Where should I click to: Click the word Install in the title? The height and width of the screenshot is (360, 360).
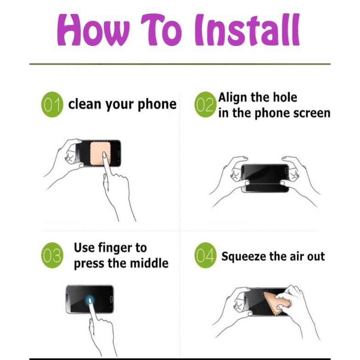247,29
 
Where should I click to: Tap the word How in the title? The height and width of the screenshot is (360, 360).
94,30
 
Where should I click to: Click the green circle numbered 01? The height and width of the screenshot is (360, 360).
52,105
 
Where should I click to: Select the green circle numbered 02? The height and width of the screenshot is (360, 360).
206,105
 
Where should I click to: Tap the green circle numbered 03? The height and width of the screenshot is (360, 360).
52,255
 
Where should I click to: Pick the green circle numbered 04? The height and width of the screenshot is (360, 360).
206,255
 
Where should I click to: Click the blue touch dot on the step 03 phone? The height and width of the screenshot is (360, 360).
90,300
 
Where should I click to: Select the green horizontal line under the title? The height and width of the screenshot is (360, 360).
180,64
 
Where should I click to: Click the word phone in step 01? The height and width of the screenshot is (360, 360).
157,105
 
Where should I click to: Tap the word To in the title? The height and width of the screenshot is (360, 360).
162,29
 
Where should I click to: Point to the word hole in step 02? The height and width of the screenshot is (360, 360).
287,97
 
